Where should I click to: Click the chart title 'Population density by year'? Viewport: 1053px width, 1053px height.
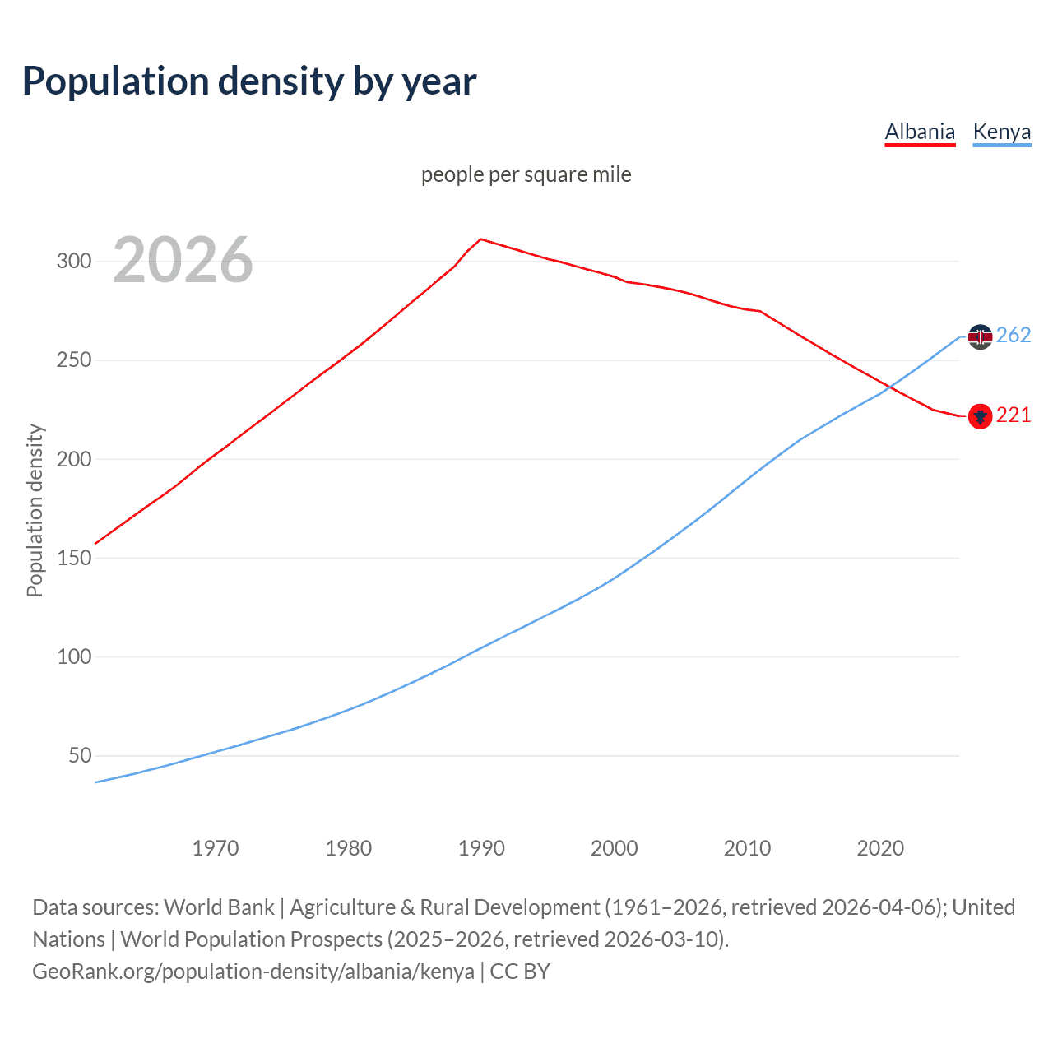(x=249, y=81)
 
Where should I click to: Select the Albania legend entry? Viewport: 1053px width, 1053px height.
(x=920, y=132)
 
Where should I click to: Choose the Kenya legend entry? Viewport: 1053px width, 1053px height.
(x=1001, y=132)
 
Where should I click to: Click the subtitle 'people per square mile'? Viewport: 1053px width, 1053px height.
(x=526, y=174)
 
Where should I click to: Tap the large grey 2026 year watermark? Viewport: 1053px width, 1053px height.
(x=183, y=261)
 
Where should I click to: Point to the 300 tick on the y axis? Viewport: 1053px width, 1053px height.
(x=73, y=262)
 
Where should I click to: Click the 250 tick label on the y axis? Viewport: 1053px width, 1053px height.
(x=73, y=360)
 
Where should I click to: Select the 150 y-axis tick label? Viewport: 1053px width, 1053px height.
(x=73, y=558)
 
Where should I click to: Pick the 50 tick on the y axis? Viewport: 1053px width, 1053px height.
(x=80, y=755)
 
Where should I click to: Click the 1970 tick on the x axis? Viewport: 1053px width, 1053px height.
(x=216, y=848)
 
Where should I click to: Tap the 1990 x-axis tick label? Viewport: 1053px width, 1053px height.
(x=481, y=848)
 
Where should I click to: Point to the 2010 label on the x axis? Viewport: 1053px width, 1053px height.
(x=747, y=848)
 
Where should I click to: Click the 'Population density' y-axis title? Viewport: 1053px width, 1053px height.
(x=35, y=510)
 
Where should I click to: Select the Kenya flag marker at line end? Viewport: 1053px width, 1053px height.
(x=980, y=336)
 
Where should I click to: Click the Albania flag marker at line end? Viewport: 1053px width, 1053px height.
(x=980, y=416)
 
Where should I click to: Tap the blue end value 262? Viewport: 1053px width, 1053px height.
(x=1014, y=336)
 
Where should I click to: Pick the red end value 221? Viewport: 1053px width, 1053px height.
(x=1014, y=415)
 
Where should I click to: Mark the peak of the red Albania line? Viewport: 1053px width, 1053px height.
(x=481, y=239)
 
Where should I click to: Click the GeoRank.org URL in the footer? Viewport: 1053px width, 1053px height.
(x=253, y=972)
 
